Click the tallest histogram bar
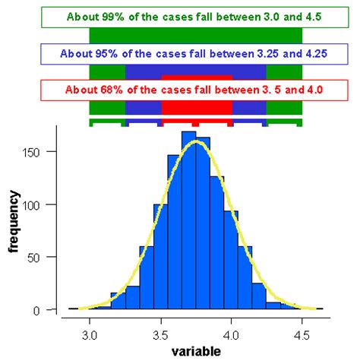189,220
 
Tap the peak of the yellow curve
196,141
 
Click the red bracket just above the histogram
196,121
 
